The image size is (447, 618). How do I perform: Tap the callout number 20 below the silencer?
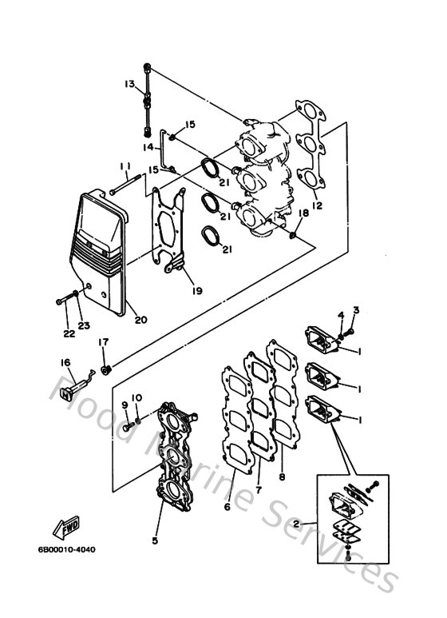coord(140,321)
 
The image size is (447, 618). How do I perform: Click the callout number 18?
coord(303,213)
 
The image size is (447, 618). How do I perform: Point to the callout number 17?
coord(103,343)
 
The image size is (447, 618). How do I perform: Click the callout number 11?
coord(125,165)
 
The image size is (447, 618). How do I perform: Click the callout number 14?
coord(148,147)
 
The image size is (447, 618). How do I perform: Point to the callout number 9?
coord(125,405)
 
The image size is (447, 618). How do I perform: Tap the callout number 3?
coord(356,310)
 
